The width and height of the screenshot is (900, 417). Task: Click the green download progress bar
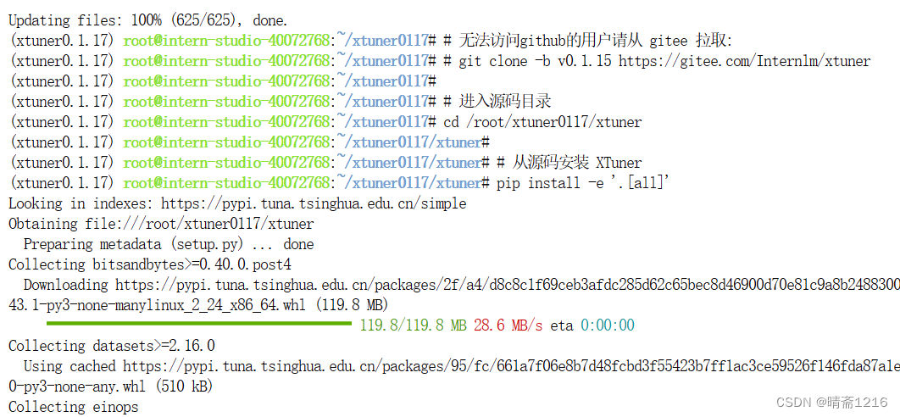click(198, 323)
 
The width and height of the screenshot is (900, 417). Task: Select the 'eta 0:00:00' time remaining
click(592, 325)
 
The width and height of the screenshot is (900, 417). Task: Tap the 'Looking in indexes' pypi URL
click(314, 203)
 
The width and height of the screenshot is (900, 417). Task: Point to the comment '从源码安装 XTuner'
click(576, 163)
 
